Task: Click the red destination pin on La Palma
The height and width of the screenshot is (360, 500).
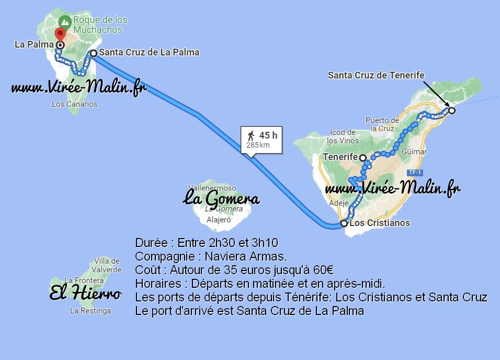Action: (60, 35)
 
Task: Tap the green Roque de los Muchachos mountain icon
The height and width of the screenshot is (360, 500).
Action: (65, 22)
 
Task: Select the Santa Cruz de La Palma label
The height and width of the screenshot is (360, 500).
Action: (149, 52)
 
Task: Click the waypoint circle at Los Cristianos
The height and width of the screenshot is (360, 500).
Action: (344, 223)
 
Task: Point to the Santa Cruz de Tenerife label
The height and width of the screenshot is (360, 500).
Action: (376, 75)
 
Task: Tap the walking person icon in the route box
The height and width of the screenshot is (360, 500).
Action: (251, 136)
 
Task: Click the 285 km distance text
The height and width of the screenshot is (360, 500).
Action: (258, 145)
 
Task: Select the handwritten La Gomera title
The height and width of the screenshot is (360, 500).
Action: (221, 199)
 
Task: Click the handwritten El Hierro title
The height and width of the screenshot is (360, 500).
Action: (85, 294)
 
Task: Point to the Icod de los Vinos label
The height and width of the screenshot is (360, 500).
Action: (343, 136)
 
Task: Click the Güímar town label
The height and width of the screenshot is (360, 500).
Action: (415, 152)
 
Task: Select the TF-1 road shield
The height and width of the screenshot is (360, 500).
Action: (414, 172)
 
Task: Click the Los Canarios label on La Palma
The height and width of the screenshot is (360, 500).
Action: (74, 104)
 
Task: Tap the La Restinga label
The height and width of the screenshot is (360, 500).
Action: (90, 311)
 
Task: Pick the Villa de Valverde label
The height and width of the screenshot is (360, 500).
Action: (107, 265)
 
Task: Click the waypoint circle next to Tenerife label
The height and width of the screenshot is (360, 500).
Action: (362, 157)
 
